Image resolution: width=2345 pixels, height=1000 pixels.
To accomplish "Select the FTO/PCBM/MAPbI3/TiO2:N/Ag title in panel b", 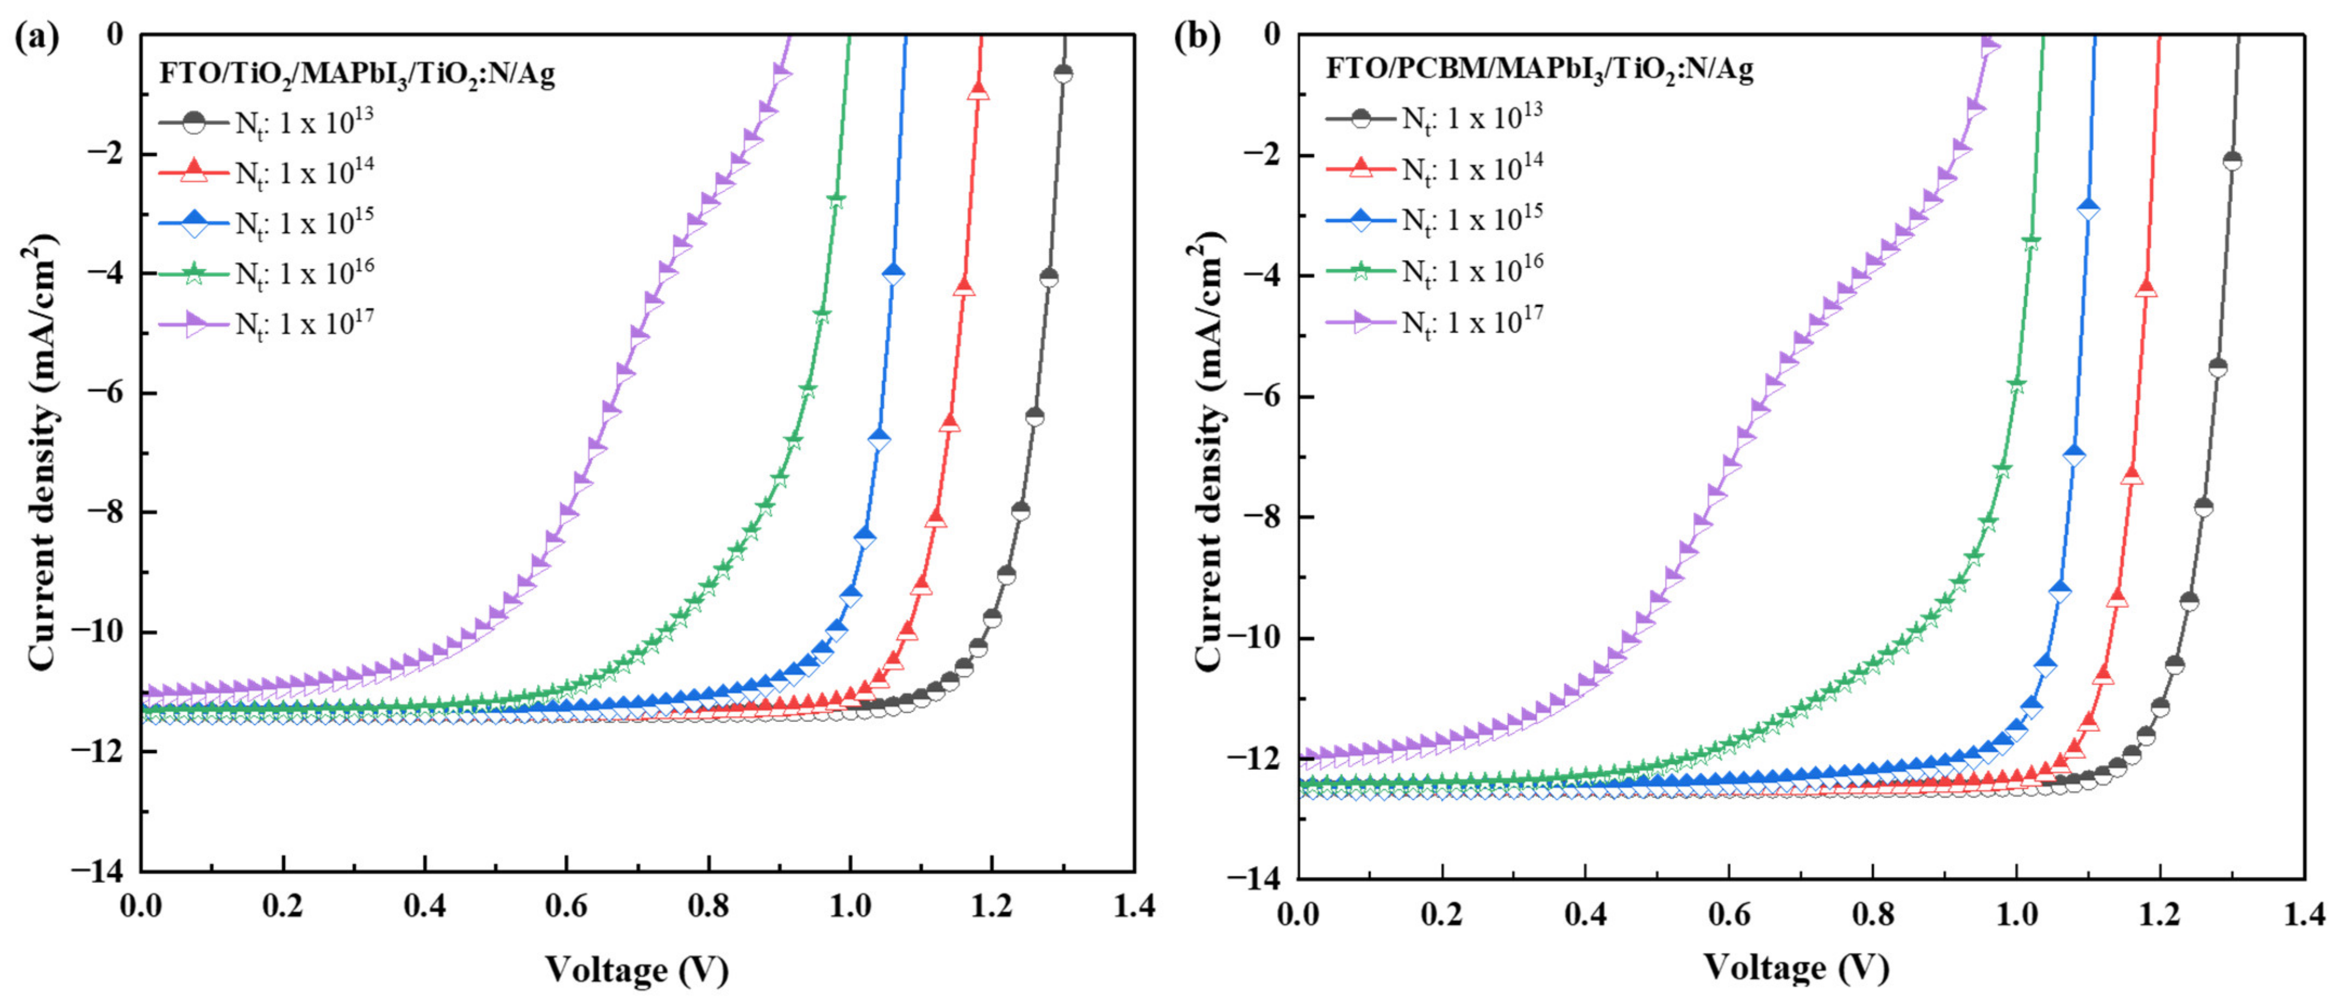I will pos(1539,70).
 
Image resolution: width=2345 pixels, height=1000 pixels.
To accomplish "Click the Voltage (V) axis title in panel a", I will pos(637,970).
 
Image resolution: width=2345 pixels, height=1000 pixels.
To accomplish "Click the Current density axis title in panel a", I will pos(43,452).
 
